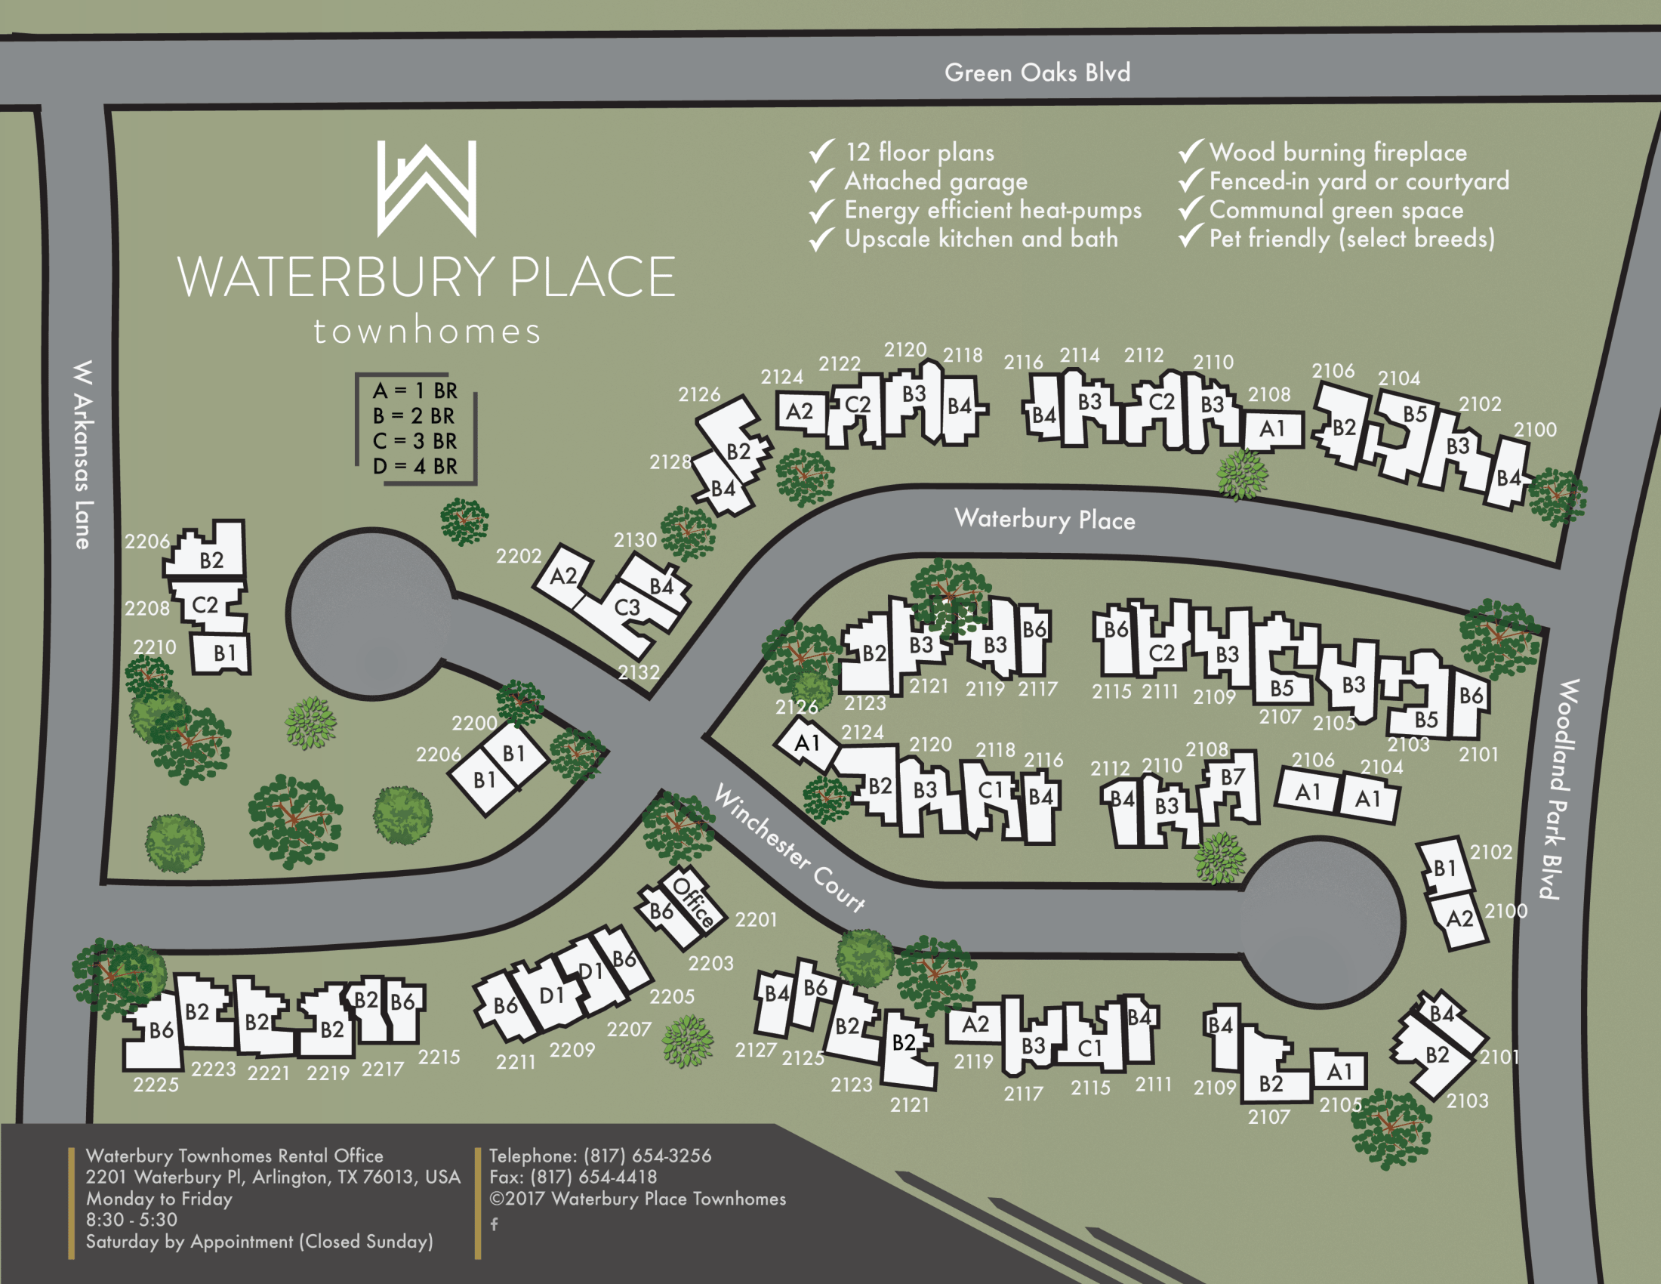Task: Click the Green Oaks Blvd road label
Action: (1037, 73)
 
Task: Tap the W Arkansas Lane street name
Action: (83, 454)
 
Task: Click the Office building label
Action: (694, 902)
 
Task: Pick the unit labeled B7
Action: (1232, 776)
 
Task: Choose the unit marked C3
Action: (627, 607)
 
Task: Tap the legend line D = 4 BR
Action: (414, 466)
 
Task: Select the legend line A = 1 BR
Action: (414, 391)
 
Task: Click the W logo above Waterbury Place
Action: (427, 188)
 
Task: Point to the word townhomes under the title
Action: (427, 332)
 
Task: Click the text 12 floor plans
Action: (920, 152)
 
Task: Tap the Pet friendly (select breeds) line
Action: (1351, 239)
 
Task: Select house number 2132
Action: (638, 672)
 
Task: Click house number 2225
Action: (156, 1085)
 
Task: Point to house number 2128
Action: (670, 461)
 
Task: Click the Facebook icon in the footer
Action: (495, 1224)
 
